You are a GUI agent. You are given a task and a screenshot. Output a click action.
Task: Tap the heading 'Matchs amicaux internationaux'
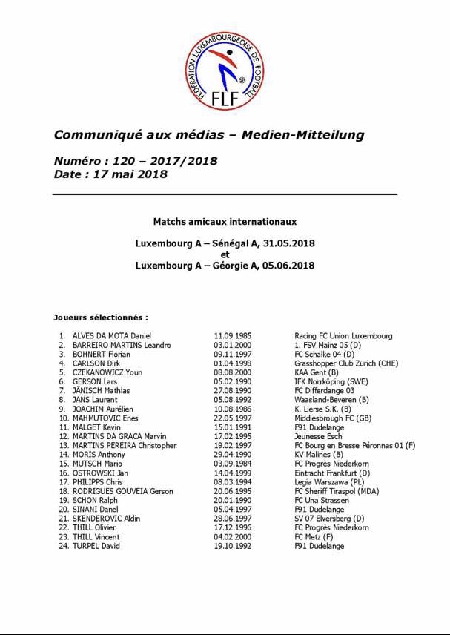point(225,221)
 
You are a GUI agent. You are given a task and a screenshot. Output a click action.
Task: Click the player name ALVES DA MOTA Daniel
point(111,336)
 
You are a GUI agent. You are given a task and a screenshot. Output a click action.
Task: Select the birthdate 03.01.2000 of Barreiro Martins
point(232,345)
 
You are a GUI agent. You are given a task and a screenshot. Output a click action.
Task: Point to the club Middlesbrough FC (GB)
point(333,418)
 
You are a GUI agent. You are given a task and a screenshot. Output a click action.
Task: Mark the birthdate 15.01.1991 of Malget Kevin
point(232,427)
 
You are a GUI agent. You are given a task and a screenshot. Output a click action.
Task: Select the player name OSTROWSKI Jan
point(100,473)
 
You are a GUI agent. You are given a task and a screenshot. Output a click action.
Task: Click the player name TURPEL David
point(96,546)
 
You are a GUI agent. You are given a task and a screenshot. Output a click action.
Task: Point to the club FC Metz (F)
point(314,536)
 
